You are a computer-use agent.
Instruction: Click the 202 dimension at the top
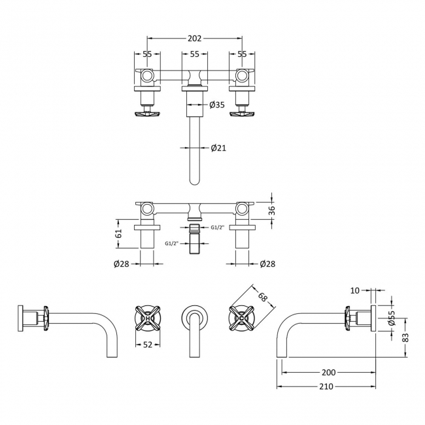194,39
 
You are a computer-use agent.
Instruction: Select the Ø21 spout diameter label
218,148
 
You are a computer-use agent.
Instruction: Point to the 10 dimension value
354,290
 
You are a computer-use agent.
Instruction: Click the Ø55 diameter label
392,318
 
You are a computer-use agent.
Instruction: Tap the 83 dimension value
405,337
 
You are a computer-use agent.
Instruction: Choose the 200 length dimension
328,372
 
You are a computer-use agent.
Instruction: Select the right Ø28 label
267,264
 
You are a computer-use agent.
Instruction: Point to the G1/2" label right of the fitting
218,227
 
